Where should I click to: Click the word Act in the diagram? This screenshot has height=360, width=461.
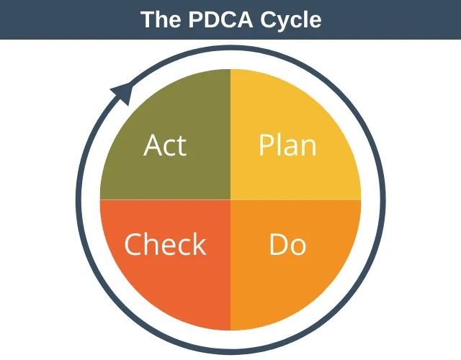[165, 145]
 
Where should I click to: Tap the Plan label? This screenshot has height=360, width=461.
[287, 145]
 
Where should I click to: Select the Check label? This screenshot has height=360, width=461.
[165, 244]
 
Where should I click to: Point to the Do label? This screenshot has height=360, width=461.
[287, 244]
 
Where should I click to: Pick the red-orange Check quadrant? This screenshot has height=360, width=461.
[176, 282]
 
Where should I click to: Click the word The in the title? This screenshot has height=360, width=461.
[161, 19]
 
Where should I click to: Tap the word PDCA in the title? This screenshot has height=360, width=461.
[220, 19]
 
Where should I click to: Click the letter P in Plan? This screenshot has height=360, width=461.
[266, 145]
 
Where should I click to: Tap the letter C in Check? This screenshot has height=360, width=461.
[133, 244]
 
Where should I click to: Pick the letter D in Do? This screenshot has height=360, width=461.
[279, 244]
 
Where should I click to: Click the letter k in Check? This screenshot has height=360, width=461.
[200, 244]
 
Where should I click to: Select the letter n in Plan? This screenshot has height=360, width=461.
[309, 148]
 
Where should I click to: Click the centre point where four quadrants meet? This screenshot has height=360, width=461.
[230, 200]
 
